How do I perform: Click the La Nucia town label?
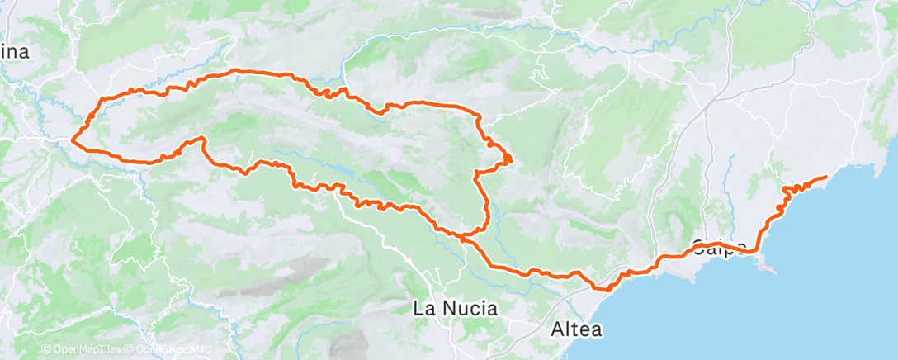point(456,310)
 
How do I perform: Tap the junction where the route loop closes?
point(464,237)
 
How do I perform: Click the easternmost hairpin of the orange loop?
point(510,157)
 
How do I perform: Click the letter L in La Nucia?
point(418,310)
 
